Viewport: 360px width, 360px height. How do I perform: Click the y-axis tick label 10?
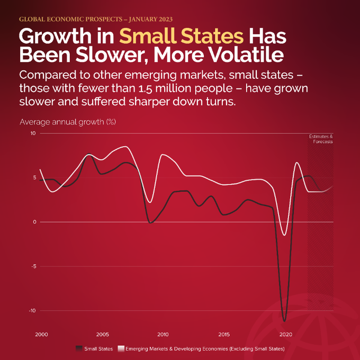click(33, 133)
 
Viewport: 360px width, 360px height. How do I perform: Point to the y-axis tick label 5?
click(34, 178)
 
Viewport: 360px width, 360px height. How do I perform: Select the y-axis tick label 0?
click(34, 222)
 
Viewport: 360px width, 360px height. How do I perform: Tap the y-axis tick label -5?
click(33, 266)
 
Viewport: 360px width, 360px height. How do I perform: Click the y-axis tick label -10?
click(32, 311)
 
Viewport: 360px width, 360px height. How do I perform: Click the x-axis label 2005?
click(102, 335)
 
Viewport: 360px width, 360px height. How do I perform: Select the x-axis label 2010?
click(163, 335)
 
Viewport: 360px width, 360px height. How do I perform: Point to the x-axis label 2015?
click(224, 335)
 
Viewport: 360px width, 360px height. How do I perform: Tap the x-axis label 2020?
click(286, 335)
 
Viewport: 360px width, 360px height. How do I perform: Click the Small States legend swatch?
click(79, 348)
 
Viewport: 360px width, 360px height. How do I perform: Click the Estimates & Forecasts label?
click(321, 139)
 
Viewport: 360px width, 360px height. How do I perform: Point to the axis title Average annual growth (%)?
click(67, 122)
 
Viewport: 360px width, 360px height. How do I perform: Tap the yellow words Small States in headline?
click(182, 36)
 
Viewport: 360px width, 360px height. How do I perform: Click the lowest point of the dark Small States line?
click(285, 321)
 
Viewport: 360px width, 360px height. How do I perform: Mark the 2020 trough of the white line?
click(285, 235)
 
